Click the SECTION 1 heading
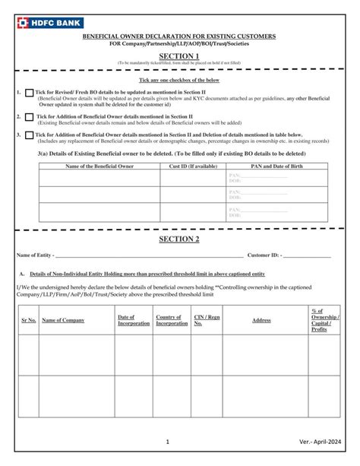coord(179,55)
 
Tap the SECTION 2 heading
coord(179,239)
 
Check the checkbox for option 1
coord(30,93)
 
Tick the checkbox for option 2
coord(30,117)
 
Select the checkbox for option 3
coord(30,136)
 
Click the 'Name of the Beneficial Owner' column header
coord(99,165)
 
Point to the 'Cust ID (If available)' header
coord(192,165)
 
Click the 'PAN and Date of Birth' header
coord(277,165)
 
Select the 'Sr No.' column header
coord(29,320)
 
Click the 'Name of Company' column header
coord(63,320)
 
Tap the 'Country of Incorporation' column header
coord(172,320)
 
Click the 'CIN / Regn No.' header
coord(207,320)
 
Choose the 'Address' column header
coord(261,320)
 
